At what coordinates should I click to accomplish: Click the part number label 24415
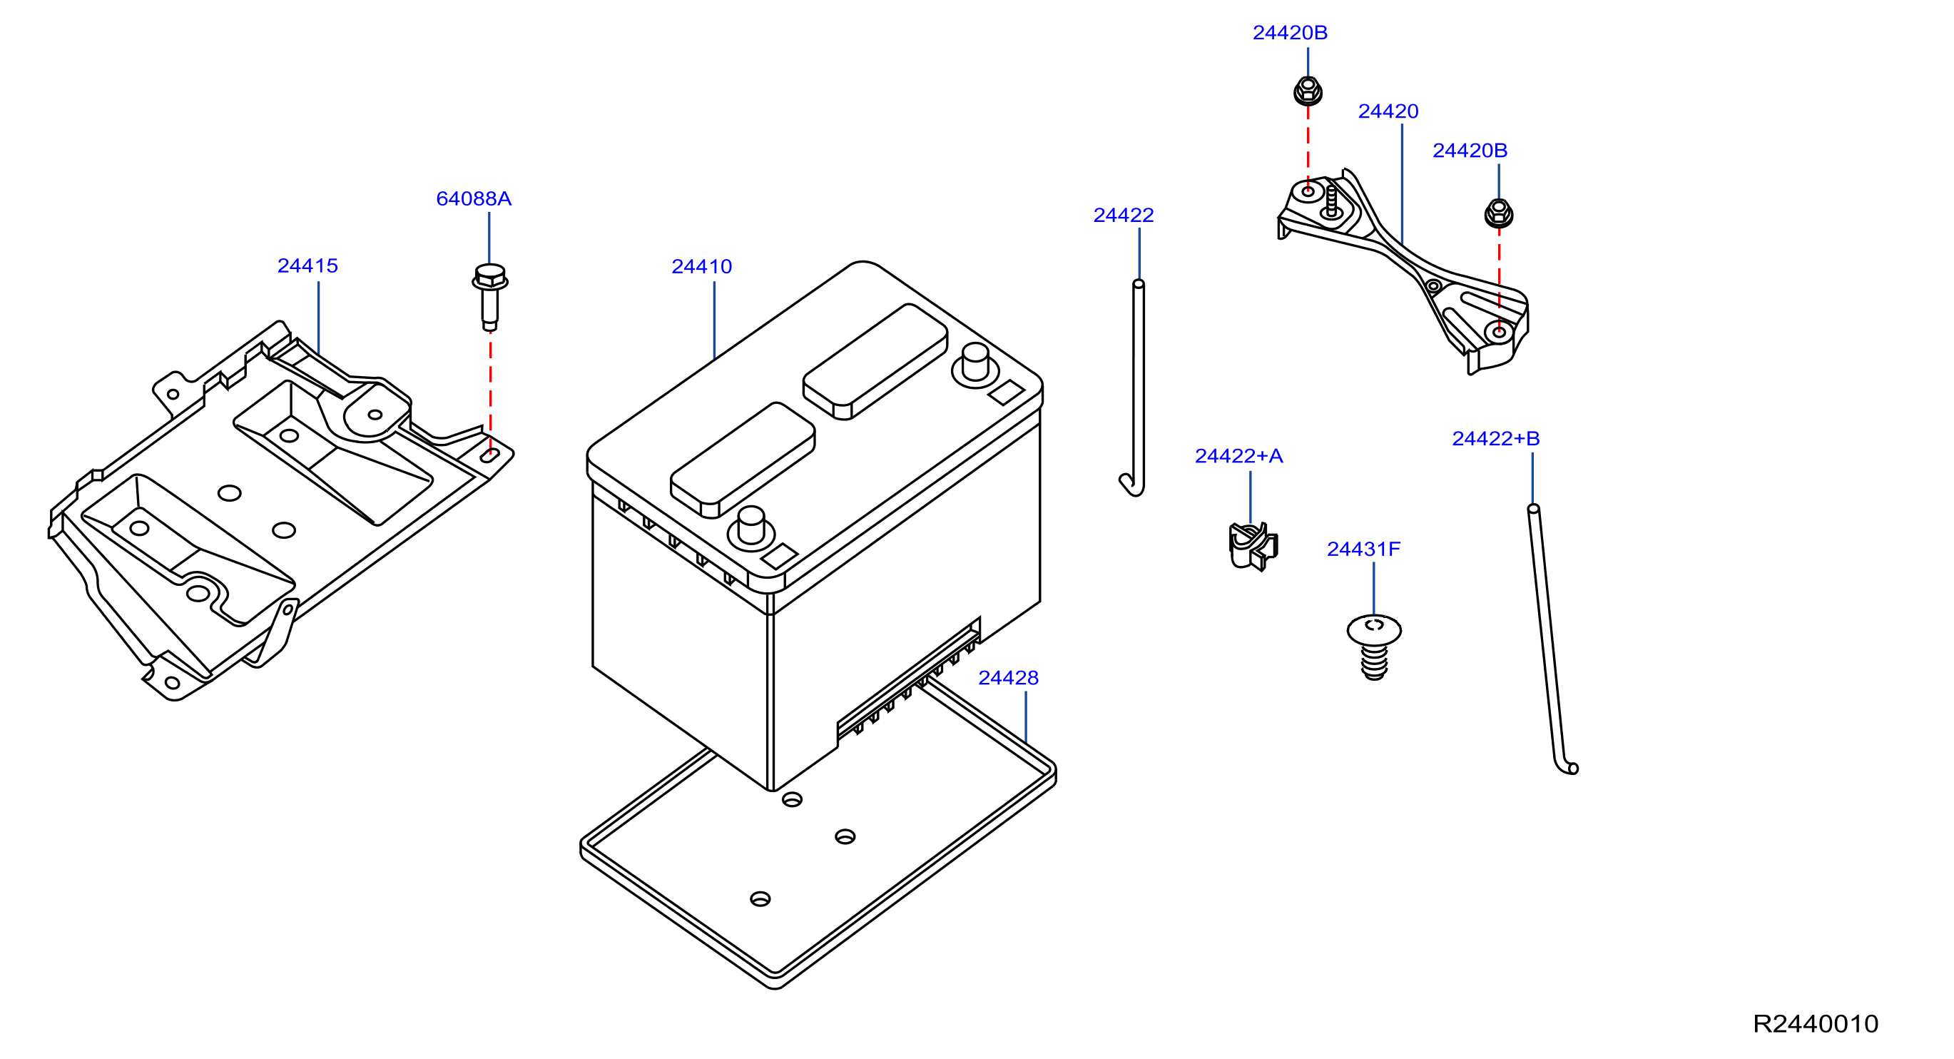click(307, 265)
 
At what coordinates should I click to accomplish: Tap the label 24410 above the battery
click(702, 266)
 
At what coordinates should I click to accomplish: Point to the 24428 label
click(1008, 677)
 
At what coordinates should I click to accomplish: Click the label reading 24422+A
click(1238, 456)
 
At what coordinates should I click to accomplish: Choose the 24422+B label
click(1496, 438)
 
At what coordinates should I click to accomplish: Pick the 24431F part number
click(1363, 549)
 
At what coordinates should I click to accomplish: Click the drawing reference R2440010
click(1815, 1024)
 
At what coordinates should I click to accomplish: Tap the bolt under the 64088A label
click(490, 296)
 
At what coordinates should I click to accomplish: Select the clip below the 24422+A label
click(1252, 546)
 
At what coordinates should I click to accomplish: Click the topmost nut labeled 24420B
click(1308, 91)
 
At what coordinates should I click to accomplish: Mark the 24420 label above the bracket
click(1388, 111)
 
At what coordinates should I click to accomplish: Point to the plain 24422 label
click(1124, 216)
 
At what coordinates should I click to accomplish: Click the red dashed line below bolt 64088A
click(491, 393)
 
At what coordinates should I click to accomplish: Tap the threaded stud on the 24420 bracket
click(1330, 203)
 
